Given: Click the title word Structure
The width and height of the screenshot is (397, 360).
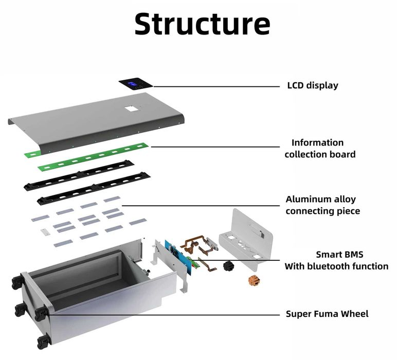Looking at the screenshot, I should tap(202, 24).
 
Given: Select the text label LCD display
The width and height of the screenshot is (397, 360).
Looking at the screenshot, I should tap(312, 85).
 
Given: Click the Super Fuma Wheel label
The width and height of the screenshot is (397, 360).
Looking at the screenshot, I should tap(327, 314).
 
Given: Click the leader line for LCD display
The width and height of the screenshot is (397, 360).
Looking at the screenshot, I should tap(216, 86).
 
